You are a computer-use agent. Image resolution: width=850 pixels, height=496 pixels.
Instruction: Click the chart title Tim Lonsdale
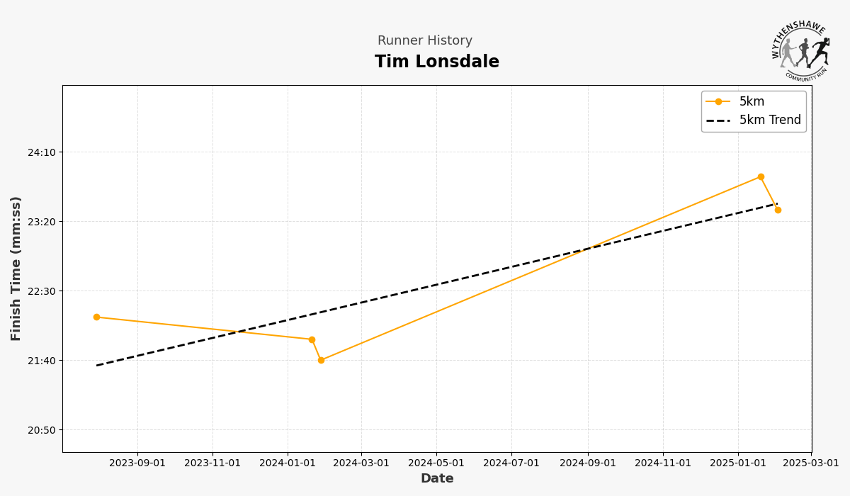pos(437,62)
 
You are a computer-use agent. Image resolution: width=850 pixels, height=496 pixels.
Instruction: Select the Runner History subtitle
pos(425,41)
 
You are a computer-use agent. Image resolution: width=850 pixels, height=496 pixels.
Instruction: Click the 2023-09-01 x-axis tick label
pos(137,463)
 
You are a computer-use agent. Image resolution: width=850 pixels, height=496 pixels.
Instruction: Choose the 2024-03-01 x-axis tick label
pos(361,463)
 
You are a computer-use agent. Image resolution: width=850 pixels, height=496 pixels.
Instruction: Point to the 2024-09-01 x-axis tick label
pos(587,463)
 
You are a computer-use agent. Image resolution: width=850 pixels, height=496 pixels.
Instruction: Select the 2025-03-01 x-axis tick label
pos(811,463)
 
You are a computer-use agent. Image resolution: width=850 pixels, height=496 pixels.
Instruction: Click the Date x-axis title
pos(437,479)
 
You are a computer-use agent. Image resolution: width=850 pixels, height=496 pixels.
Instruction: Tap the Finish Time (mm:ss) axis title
pos(16,269)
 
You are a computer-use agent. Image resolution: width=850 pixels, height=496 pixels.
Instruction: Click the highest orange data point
pos(761,177)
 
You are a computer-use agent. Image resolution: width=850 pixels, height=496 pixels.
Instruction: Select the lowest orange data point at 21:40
pos(321,360)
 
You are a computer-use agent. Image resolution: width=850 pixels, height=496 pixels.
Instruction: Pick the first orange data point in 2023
pos(96,317)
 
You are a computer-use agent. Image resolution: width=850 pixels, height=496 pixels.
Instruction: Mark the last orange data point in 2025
pos(778,210)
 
